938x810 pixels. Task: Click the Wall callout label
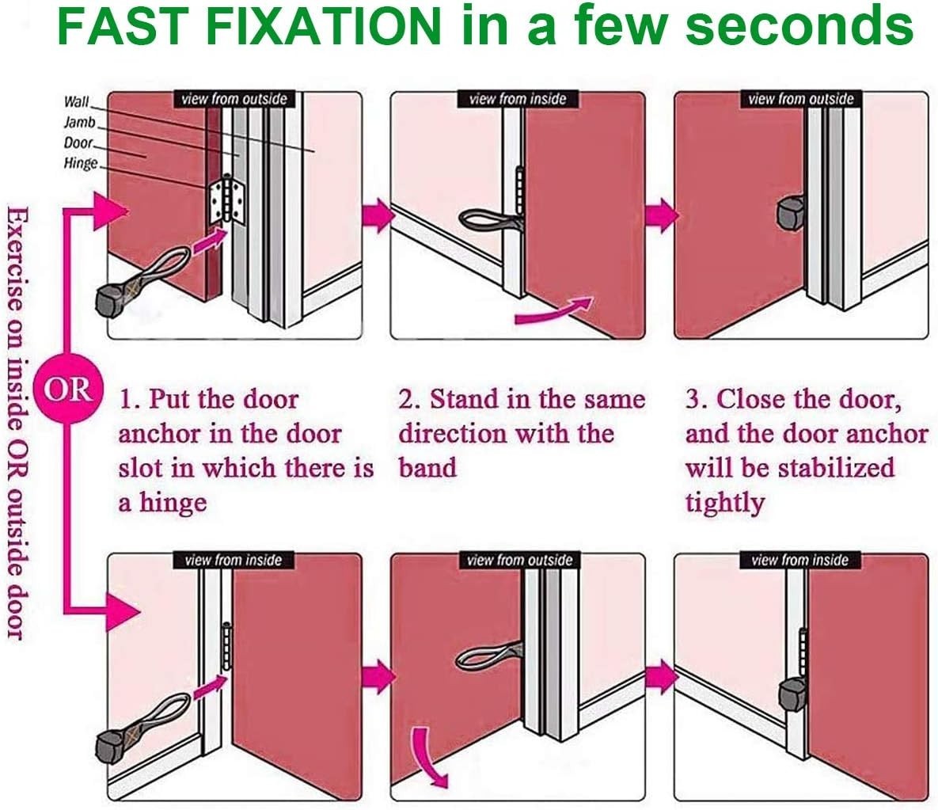coord(77,101)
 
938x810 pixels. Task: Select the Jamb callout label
coord(80,122)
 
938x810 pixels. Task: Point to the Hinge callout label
coord(81,163)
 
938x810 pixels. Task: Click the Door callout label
coord(78,143)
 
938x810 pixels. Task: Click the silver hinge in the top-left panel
coord(227,200)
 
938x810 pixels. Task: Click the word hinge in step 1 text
coord(173,503)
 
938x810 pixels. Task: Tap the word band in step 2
coord(427,467)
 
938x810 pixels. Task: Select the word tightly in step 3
coord(725,503)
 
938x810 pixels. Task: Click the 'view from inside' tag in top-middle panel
coord(518,99)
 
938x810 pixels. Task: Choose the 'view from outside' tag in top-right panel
coord(800,99)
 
